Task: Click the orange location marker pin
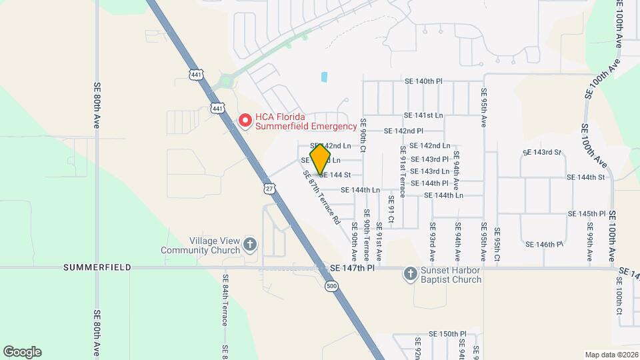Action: click(321, 159)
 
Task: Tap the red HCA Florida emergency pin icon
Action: click(245, 121)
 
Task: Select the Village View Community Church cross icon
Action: click(250, 244)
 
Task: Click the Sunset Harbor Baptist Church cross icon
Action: click(410, 273)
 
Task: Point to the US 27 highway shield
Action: click(269, 189)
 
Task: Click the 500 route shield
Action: click(331, 286)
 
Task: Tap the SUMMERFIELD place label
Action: click(92, 267)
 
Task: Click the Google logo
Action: click(22, 351)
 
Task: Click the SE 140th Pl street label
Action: click(423, 81)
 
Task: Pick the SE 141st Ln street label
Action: click(423, 115)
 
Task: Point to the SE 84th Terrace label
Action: click(226, 300)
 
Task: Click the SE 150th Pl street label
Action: click(447, 334)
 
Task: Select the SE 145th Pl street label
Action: click(587, 214)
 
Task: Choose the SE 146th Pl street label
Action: click(545, 245)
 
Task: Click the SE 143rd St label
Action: click(543, 153)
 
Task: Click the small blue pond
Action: click(324, 77)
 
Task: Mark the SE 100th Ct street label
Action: click(619, 303)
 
